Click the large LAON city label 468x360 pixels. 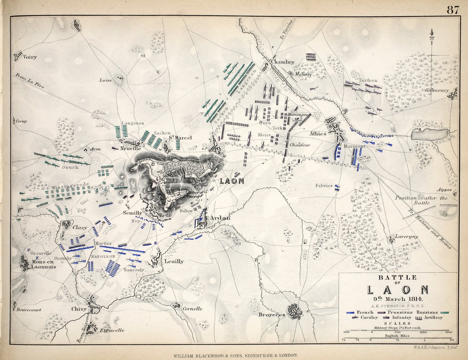click(x=232, y=181)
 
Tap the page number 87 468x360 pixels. click(x=453, y=10)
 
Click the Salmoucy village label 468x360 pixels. click(x=437, y=90)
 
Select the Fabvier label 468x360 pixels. click(x=324, y=185)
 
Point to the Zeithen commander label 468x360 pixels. click(x=368, y=80)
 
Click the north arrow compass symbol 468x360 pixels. click(x=432, y=37)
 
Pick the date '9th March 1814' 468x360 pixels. click(x=398, y=299)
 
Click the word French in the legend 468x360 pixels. click(x=365, y=312)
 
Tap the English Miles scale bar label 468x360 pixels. click(x=397, y=336)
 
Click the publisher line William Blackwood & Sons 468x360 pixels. click(x=234, y=356)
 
